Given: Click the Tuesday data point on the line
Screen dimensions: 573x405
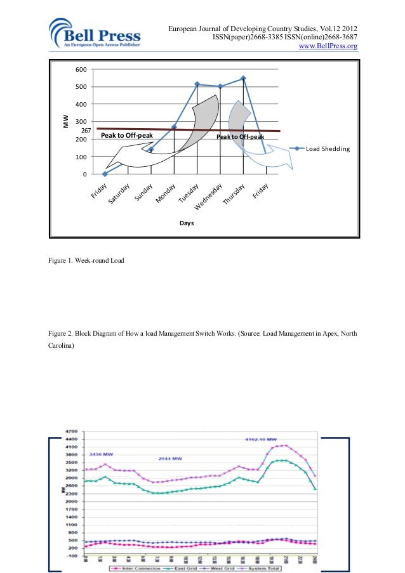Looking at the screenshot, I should point(197,84).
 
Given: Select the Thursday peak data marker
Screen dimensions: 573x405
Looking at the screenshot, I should point(243,79).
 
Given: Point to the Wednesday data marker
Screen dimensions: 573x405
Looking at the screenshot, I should point(220,86).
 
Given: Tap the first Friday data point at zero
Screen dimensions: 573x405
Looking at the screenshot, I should point(105,174).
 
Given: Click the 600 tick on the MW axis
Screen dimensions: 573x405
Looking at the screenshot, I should point(81,70).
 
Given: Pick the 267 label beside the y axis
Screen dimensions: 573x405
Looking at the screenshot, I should point(87,131).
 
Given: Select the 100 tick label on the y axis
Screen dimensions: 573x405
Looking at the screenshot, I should point(81,157).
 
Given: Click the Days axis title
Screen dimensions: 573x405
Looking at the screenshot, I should point(186,223).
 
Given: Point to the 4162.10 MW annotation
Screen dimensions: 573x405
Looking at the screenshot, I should point(261,439).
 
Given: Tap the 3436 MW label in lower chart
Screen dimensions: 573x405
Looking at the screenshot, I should point(100,454).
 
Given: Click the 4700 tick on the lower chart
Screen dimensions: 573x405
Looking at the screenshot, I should point(72,431).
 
